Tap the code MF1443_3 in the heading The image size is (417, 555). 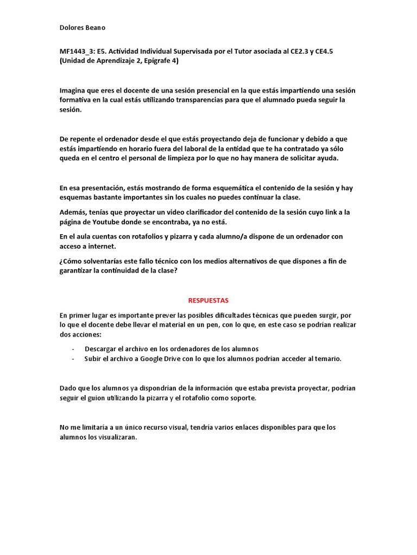pos(76,51)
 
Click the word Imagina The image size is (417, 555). pos(74,90)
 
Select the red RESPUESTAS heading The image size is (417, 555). pos(208,300)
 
